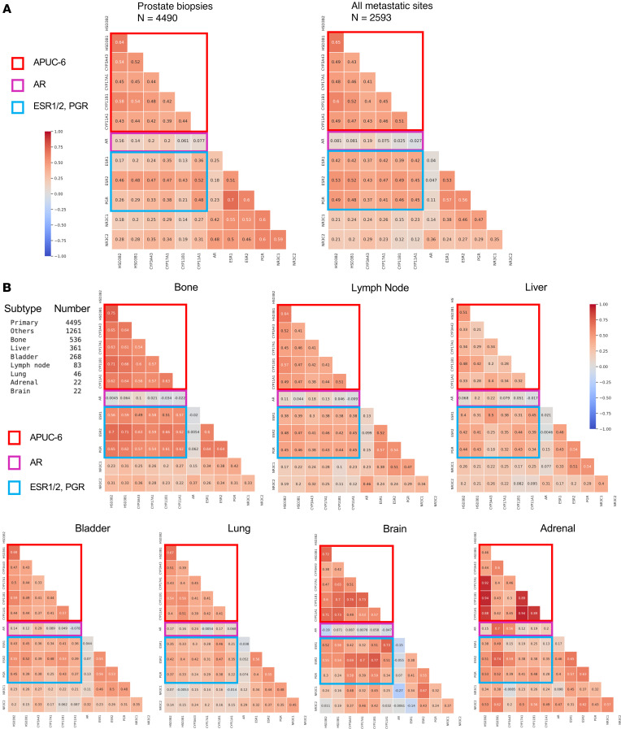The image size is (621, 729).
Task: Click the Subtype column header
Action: (22, 309)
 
